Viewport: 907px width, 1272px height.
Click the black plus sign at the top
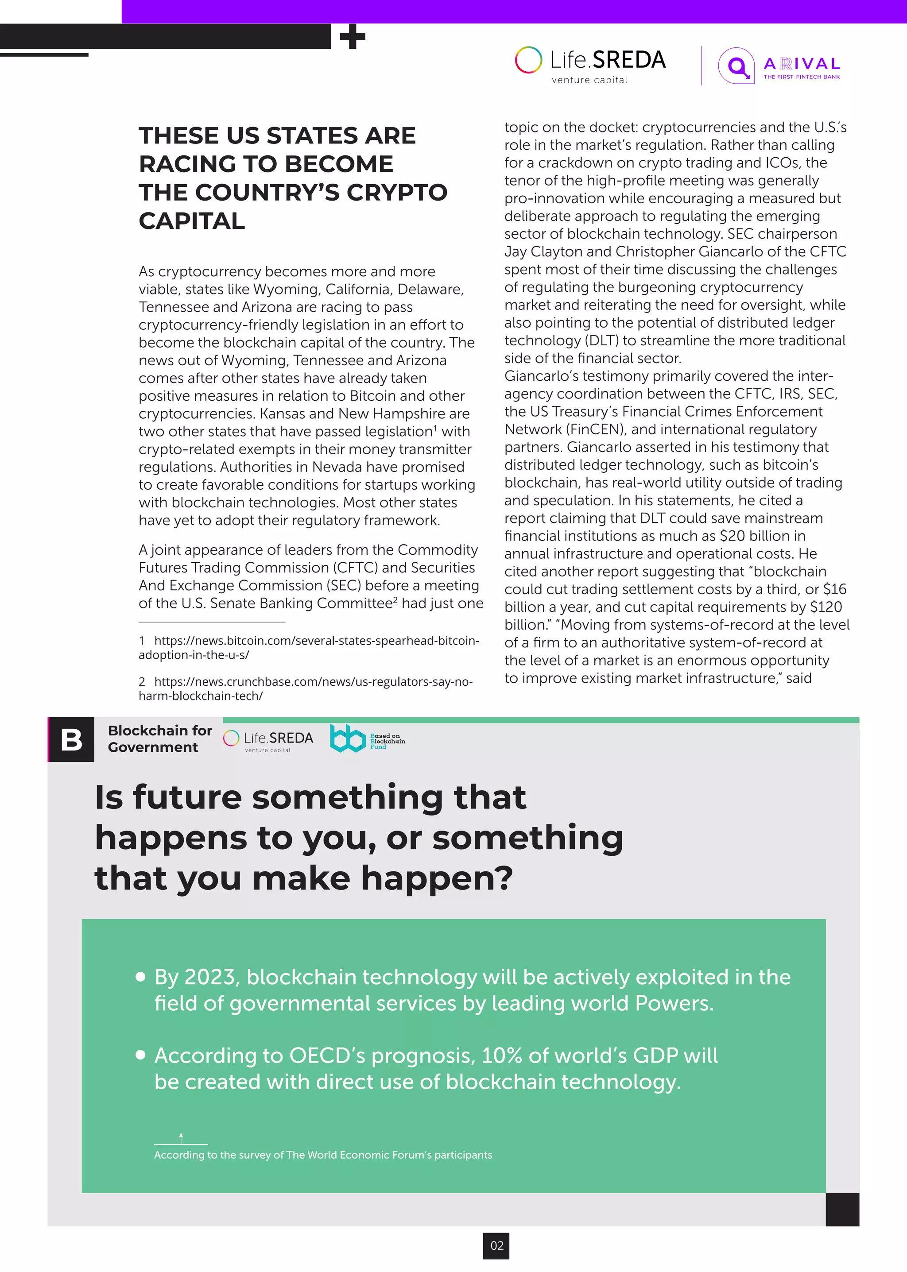[353, 37]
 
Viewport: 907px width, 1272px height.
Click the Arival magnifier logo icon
[736, 66]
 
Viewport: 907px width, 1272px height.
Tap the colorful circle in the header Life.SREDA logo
[528, 60]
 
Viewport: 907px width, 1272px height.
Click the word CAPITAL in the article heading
[192, 221]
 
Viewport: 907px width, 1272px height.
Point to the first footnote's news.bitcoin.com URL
[308, 647]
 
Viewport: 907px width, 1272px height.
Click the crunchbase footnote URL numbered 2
[306, 688]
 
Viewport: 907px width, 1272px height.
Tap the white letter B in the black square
[71, 740]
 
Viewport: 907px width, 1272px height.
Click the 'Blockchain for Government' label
[160, 739]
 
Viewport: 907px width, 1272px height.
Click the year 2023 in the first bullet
[209, 978]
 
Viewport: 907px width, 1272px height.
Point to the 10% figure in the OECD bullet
[502, 1056]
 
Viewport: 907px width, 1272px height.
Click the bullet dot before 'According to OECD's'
[141, 1055]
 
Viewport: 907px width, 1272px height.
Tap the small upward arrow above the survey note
[181, 1137]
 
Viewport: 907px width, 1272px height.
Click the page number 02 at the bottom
[496, 1245]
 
